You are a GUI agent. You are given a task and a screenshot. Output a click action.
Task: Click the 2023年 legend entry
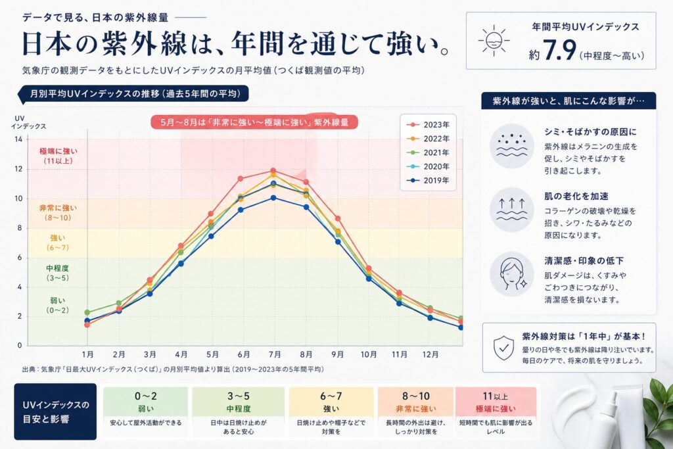[x=430, y=125]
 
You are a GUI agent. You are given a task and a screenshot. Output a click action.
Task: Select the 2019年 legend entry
[x=430, y=180]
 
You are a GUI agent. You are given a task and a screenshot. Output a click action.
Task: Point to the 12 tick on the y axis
[x=18, y=169]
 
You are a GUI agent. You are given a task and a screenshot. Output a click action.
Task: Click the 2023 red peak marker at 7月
[x=273, y=171]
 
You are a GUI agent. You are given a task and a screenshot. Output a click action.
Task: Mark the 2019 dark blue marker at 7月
[x=273, y=197]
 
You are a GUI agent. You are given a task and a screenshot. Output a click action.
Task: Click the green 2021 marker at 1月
[x=87, y=312]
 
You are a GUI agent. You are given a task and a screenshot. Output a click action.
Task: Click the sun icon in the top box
[x=494, y=41]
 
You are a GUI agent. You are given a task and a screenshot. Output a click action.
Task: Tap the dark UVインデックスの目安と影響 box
[x=55, y=411]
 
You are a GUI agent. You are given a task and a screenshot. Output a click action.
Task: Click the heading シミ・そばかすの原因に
[x=591, y=131]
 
